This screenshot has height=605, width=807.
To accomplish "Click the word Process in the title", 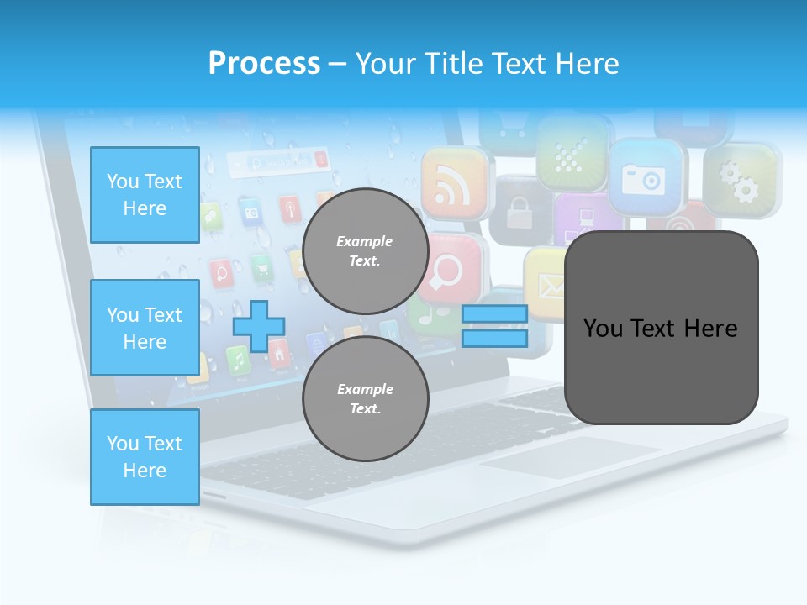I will click(x=264, y=63).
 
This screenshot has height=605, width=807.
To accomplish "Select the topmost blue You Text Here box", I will click(x=145, y=195).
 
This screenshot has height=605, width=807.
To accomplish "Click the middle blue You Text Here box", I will click(x=145, y=328).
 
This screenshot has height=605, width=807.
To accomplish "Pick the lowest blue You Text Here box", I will click(x=145, y=457).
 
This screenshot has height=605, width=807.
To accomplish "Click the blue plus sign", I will click(x=259, y=326).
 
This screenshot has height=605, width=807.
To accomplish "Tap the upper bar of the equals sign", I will click(x=494, y=313).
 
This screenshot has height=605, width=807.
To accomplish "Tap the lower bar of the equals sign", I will click(x=494, y=338).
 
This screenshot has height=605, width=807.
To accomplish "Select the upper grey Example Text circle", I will click(x=365, y=250).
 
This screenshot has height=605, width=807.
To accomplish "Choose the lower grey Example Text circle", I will click(x=365, y=398).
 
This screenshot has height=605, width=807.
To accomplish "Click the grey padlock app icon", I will click(x=519, y=210).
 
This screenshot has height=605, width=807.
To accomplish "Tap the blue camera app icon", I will click(x=644, y=177).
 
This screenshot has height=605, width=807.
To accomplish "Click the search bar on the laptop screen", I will click(x=277, y=160).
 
